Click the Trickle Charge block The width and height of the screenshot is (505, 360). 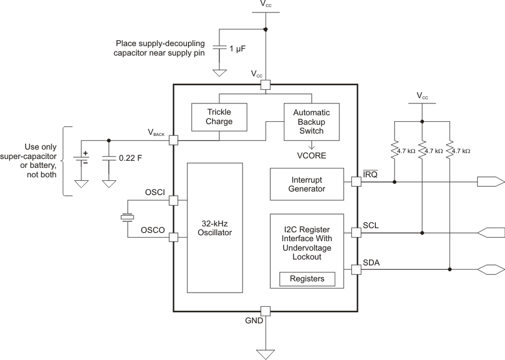(219, 117)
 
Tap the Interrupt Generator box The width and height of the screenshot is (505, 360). (306, 184)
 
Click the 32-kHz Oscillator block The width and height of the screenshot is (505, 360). (214, 228)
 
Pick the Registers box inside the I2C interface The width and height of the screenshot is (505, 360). (306, 278)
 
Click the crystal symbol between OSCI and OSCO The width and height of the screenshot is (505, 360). (127, 218)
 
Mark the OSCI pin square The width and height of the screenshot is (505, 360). (173, 200)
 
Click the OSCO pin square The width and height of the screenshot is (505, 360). (173, 237)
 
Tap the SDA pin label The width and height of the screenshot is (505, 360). (371, 262)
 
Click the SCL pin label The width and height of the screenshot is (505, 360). (371, 226)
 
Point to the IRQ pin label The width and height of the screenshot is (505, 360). (370, 175)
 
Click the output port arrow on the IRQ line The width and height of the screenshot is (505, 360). (491, 183)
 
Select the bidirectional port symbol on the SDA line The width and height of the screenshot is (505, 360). (490, 270)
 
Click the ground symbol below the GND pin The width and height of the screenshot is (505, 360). (265, 353)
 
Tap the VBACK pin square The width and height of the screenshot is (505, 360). (173, 140)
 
